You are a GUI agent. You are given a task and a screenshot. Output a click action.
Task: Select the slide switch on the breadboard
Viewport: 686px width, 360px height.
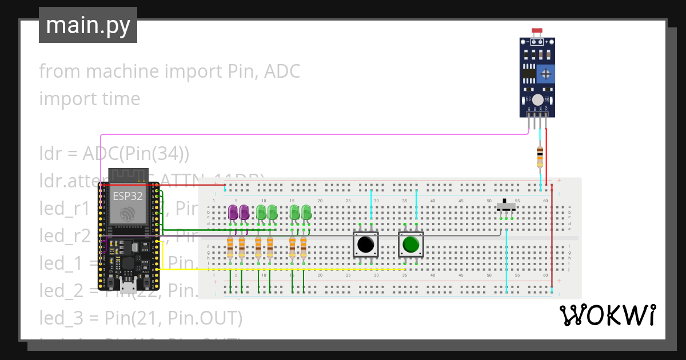[505, 206]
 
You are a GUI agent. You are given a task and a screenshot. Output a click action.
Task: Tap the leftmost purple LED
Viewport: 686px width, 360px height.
[233, 213]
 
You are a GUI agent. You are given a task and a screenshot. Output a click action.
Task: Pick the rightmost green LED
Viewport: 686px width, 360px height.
[306, 213]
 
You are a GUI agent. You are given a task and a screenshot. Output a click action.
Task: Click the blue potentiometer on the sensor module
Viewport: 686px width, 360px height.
[547, 73]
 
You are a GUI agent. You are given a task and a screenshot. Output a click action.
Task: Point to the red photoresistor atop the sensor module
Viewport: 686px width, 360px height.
[537, 31]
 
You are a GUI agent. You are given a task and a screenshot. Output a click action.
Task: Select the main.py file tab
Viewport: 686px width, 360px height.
[88, 25]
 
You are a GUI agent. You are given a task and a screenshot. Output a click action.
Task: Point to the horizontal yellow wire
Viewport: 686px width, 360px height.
[286, 269]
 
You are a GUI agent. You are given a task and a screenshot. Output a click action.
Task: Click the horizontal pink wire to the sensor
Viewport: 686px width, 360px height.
[314, 135]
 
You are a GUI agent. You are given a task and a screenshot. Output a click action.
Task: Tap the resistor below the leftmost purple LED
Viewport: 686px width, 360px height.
[230, 247]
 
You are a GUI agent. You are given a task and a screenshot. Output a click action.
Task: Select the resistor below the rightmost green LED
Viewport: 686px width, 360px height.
[304, 247]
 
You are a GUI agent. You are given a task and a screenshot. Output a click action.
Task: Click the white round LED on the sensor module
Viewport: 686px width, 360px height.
[537, 100]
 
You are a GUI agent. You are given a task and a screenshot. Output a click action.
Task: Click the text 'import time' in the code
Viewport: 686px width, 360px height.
[90, 99]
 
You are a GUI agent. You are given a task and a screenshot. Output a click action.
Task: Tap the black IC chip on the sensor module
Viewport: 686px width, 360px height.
[529, 73]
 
